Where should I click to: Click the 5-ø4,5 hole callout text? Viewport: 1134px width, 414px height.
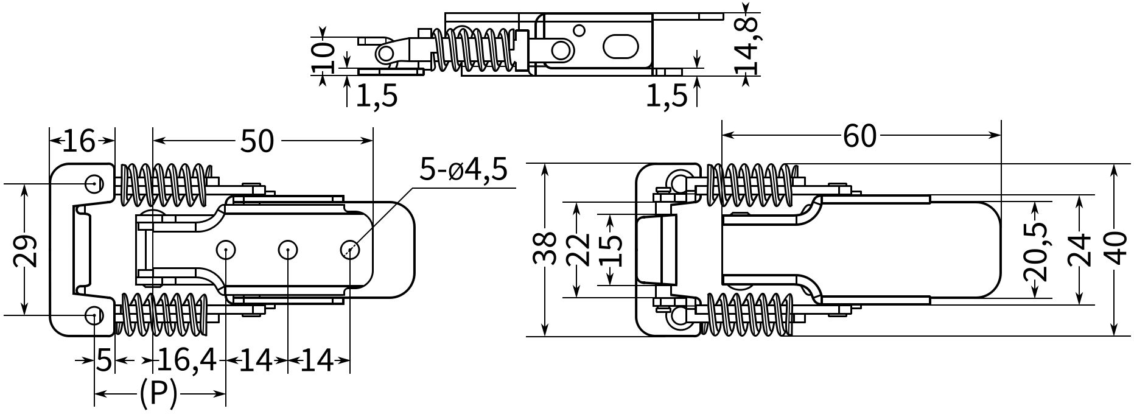(x=463, y=171)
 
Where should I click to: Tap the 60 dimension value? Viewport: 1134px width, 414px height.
(x=859, y=136)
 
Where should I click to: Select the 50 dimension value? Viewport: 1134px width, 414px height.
(x=257, y=141)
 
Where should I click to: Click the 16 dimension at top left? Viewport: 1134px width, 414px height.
(x=80, y=141)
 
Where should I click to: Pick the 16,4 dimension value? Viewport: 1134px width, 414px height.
(x=186, y=361)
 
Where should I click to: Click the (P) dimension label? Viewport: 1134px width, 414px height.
(x=158, y=395)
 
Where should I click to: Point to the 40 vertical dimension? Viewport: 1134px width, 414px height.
(x=1115, y=248)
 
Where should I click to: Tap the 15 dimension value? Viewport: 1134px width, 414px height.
(x=610, y=250)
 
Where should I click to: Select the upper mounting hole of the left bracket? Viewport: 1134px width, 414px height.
(x=93, y=183)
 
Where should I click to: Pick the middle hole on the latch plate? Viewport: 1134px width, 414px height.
(x=287, y=249)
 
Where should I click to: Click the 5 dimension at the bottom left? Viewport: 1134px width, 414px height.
(x=104, y=361)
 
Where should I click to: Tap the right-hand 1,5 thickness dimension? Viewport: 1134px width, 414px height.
(x=667, y=96)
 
